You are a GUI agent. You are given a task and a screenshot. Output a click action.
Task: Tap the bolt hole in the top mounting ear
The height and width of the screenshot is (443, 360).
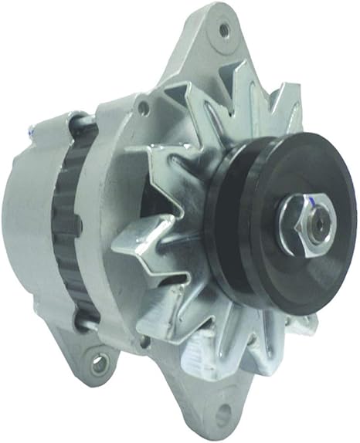click(x=224, y=30)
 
